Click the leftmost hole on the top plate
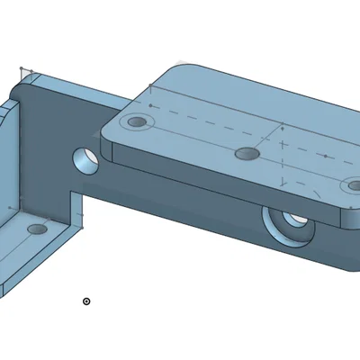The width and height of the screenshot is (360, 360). [137, 121]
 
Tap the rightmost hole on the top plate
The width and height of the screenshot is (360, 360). [351, 186]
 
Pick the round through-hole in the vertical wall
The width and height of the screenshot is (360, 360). [86, 159]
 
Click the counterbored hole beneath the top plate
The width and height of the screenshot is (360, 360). [291, 222]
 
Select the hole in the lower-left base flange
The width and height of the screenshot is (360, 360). [38, 230]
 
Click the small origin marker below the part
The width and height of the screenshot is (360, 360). [86, 301]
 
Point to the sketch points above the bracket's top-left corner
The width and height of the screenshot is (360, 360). [26, 69]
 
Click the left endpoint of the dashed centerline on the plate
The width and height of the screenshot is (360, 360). [149, 106]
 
